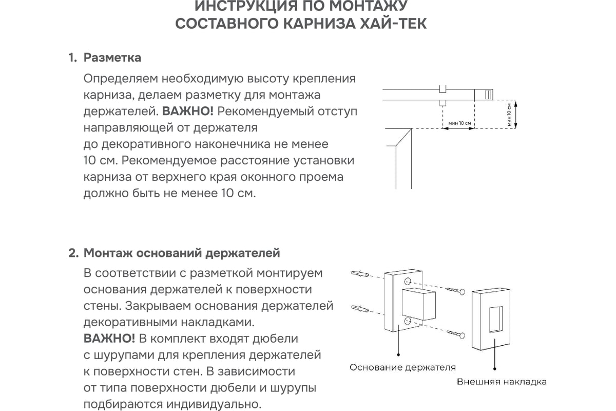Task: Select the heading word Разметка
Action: (112, 58)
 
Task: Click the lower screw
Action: (456, 335)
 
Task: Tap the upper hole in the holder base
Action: (407, 282)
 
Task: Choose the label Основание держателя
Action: (402, 368)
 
